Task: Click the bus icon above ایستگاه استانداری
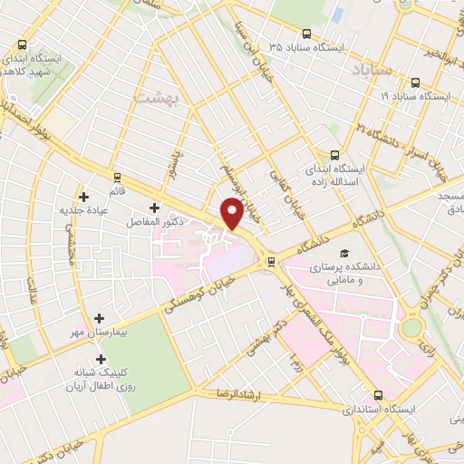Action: [377, 395]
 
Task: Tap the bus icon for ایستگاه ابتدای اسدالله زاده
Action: [335, 155]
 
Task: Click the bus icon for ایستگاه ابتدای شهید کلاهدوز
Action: [22, 44]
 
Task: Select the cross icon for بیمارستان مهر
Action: [99, 318]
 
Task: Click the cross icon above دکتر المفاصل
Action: [153, 208]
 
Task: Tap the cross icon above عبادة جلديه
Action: [83, 196]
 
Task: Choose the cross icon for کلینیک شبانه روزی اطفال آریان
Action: [101, 359]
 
